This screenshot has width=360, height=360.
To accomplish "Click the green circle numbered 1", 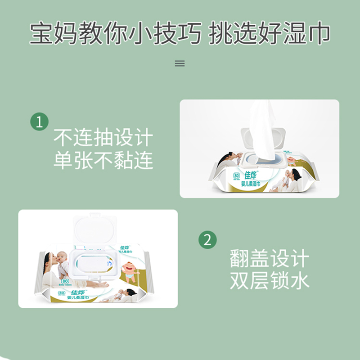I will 39,121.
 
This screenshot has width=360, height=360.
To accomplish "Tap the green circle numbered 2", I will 207,239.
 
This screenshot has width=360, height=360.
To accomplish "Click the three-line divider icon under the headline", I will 180,63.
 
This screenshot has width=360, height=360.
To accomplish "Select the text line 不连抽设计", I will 103,138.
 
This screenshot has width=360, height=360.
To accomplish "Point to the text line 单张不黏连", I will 103,160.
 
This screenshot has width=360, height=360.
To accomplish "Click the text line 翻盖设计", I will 270,259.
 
